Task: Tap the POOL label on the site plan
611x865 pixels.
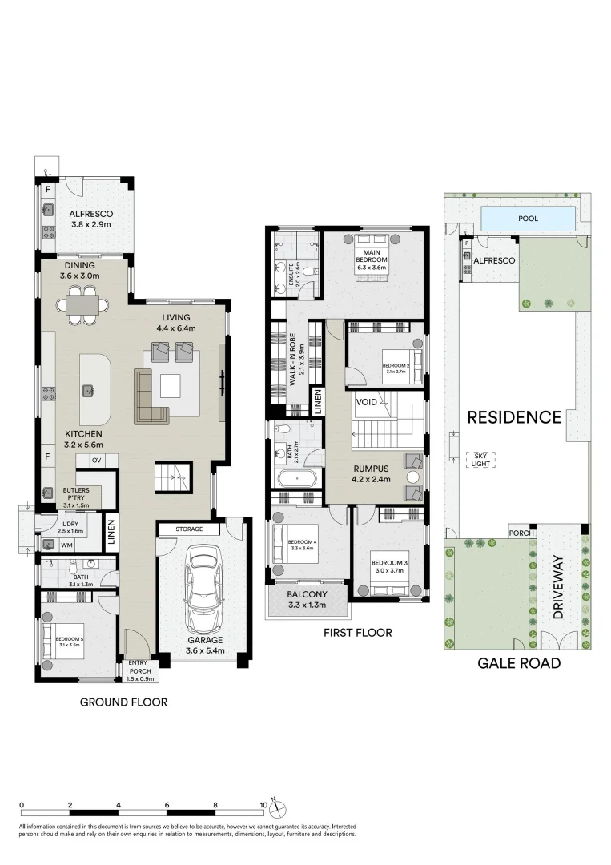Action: [529, 217]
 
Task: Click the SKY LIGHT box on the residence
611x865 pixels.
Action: [480, 459]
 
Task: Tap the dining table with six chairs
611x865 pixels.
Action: [82, 306]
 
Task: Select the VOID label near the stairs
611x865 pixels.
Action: [367, 401]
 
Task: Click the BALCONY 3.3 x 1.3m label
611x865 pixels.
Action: [308, 599]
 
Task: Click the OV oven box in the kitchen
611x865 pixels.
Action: [95, 460]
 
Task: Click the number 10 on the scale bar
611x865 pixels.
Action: [264, 803]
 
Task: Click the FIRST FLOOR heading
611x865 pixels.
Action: [357, 633]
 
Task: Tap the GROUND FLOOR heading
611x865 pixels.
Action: [123, 702]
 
